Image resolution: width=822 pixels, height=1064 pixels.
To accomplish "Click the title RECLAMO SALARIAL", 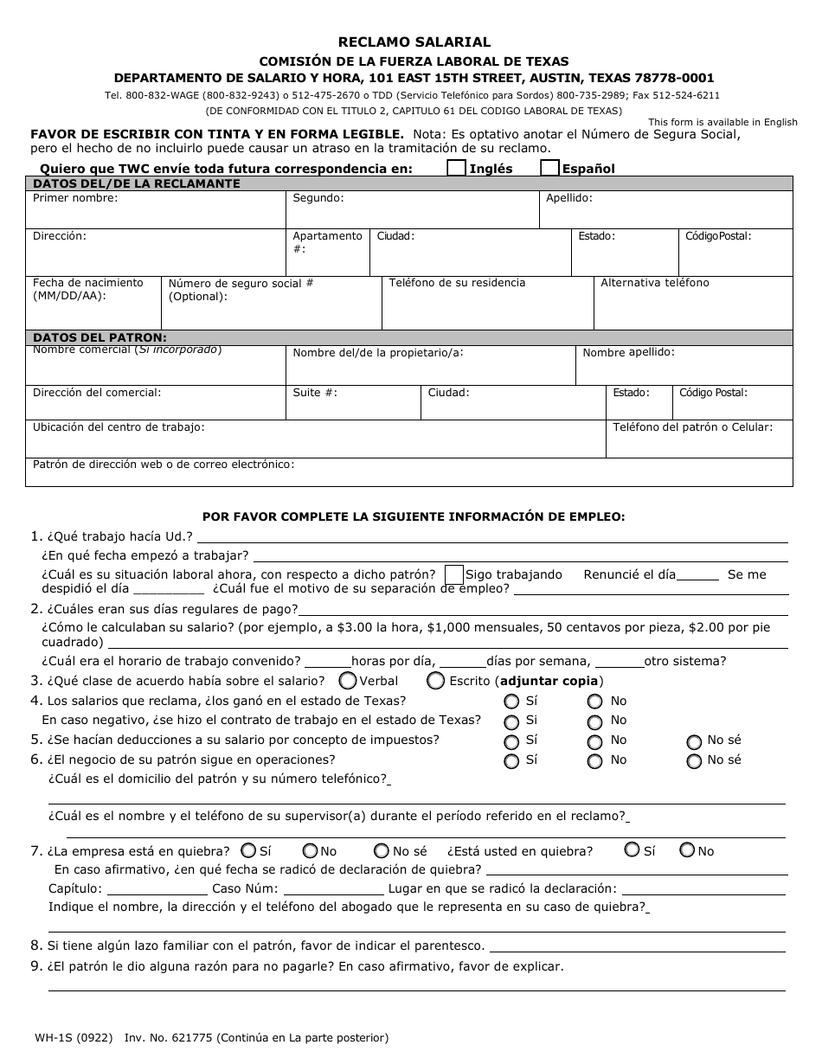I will pos(414,42).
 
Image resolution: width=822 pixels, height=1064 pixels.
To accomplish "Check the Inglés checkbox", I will pos(456,169).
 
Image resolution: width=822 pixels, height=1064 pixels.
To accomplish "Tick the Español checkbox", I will pos(549,169).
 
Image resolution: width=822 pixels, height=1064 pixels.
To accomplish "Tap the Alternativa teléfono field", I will pos(693,309).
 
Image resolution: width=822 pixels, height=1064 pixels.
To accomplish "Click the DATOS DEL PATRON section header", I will pos(100,337).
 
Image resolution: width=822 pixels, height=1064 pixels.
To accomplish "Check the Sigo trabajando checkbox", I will pos(453,575).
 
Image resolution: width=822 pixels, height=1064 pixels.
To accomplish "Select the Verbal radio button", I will pos(348,681).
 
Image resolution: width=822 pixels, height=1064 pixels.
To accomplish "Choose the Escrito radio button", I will pos(436,681).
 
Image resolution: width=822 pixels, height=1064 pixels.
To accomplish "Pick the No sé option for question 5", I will pos(694,741).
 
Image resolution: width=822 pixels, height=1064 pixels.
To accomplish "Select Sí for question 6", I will pos(511,761).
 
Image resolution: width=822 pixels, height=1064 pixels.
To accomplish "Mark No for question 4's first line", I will pos(594,702).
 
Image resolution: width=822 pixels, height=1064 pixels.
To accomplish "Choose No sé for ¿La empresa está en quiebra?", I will pos(381,851).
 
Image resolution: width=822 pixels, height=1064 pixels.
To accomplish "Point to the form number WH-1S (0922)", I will pos(74,1037).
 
